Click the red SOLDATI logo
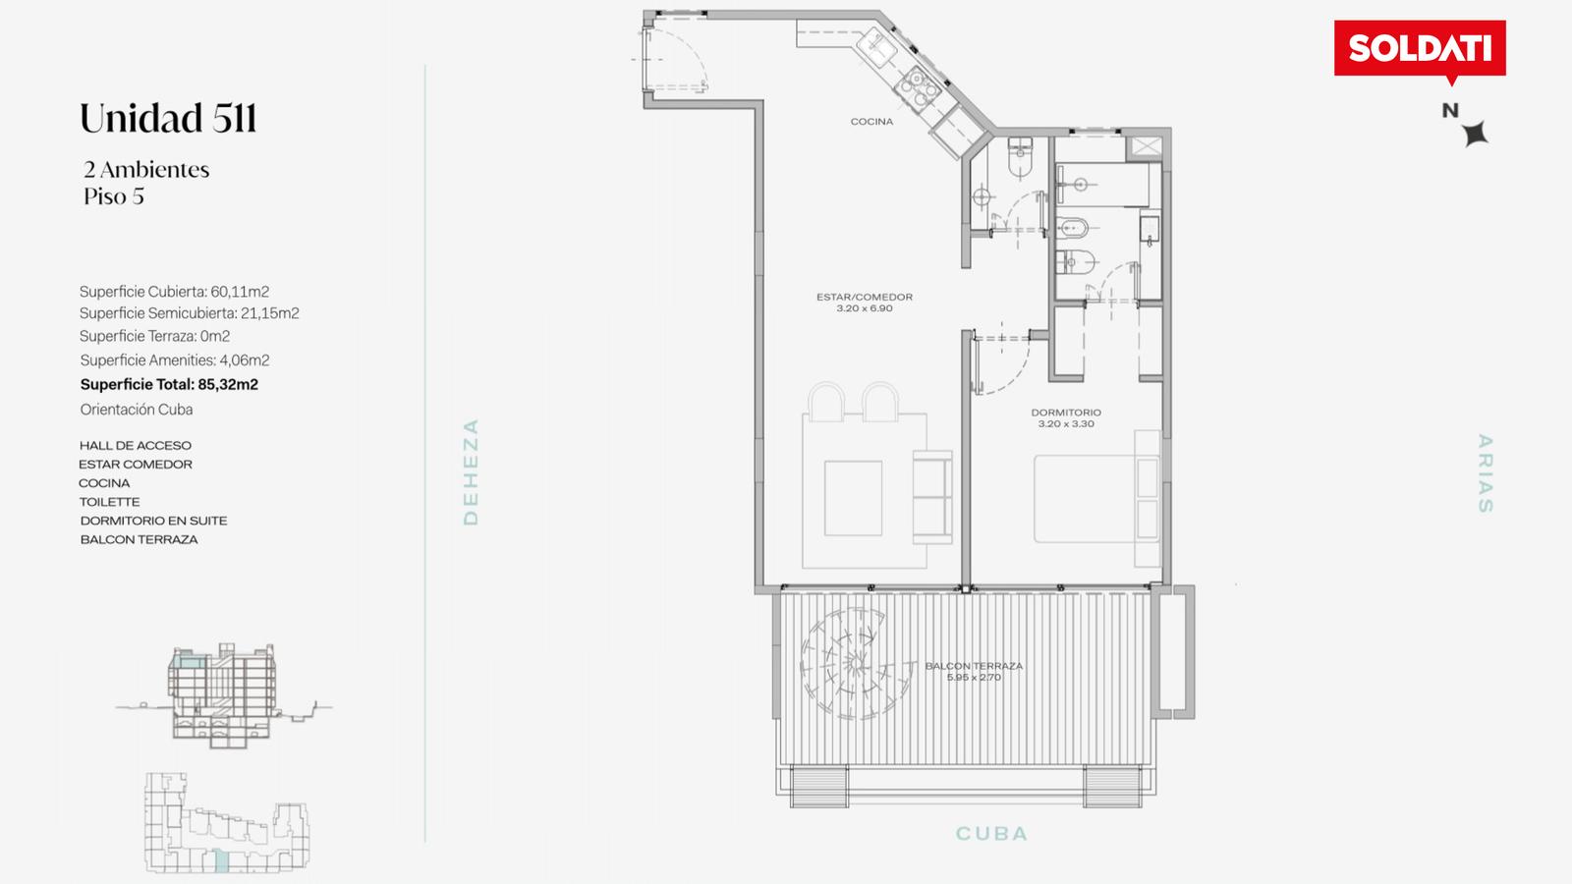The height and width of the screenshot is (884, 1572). coord(1420,50)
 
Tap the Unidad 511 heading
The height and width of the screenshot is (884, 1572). coord(168,118)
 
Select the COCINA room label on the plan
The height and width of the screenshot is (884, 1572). coord(871,122)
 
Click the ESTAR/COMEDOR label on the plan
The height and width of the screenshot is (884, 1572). coord(865,297)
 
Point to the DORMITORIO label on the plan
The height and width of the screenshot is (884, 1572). coord(1066,413)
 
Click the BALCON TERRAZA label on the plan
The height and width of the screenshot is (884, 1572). coord(974,666)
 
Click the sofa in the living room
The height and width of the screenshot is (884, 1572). coord(932,497)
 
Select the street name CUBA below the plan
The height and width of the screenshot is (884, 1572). coord(991,834)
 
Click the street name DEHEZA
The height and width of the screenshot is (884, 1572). coord(471,471)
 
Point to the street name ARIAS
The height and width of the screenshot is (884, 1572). coord(1485,473)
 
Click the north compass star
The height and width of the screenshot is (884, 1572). coord(1475,134)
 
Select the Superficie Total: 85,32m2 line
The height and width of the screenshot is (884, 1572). coord(169,384)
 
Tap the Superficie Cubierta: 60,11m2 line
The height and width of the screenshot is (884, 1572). coord(174,292)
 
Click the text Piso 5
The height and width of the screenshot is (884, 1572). coord(114,196)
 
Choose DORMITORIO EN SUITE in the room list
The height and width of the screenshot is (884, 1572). coord(153,521)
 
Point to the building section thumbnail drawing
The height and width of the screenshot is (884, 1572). coord(223,695)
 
